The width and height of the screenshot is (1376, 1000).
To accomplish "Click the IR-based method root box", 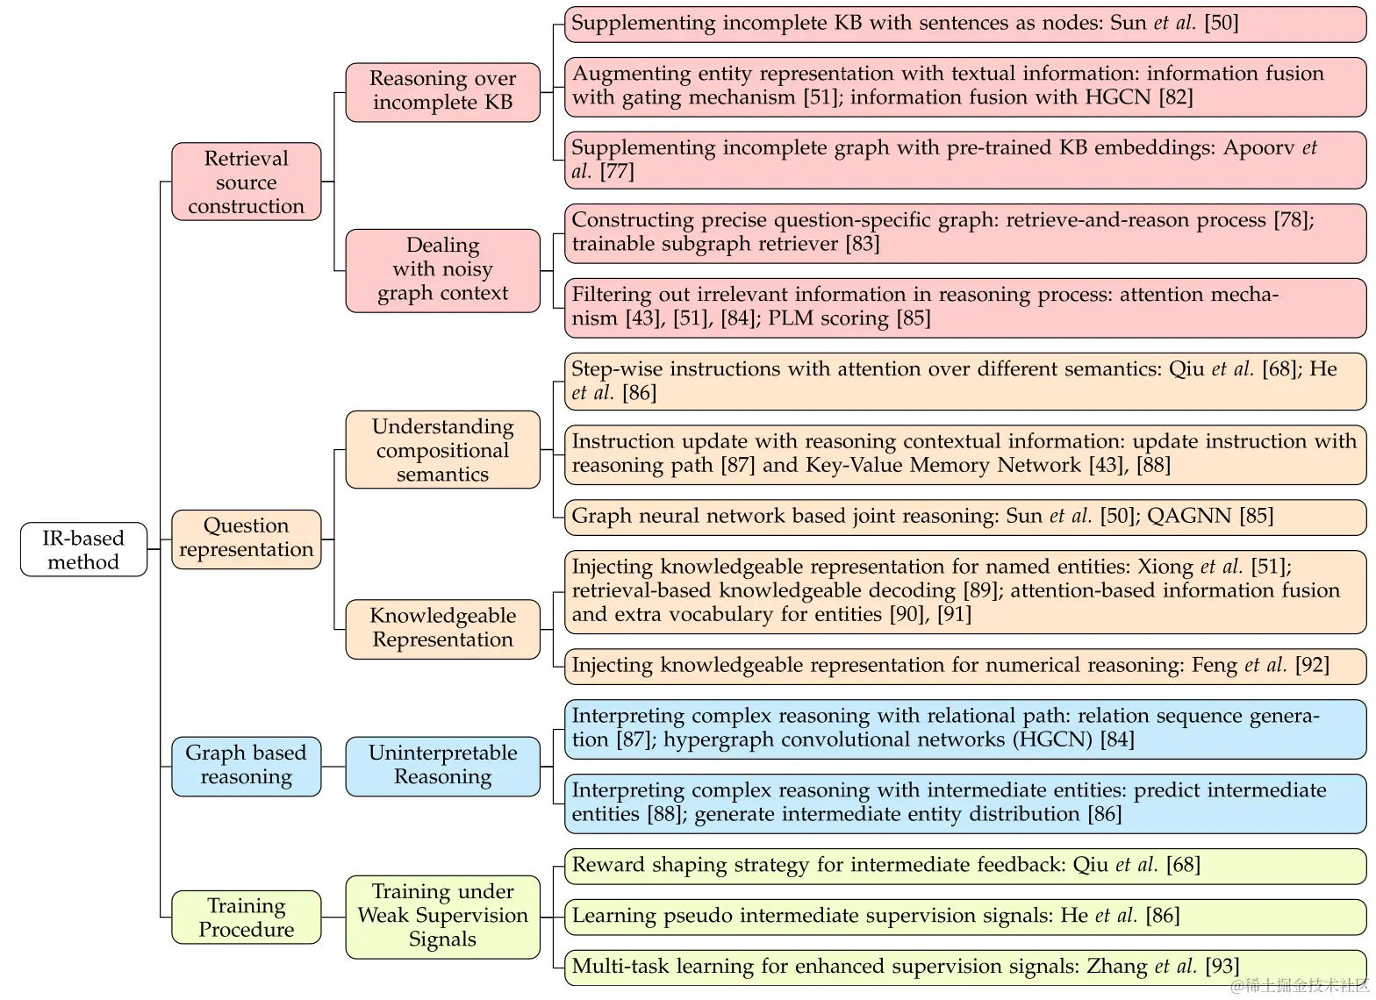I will click(83, 550).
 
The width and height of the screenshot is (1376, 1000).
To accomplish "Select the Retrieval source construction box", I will click(246, 182).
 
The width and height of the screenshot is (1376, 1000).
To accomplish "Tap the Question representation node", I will click(246, 538).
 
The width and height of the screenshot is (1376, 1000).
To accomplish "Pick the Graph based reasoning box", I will click(246, 765).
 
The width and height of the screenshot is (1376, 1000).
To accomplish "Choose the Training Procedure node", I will click(246, 918).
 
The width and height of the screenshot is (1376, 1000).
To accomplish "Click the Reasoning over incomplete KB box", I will click(442, 90).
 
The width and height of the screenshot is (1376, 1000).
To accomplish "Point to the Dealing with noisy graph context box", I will click(442, 269).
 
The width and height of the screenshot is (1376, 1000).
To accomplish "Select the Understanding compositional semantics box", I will click(442, 450).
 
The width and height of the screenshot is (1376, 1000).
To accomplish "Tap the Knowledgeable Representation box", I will click(442, 628).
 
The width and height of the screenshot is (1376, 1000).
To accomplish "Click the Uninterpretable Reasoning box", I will click(442, 765).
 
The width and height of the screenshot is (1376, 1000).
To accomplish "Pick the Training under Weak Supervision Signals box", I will click(442, 916).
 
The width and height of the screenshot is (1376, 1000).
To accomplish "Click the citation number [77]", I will click(617, 172).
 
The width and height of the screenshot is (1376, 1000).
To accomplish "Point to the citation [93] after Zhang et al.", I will click(1222, 967).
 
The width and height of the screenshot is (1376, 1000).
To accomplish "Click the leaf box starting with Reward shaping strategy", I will click(965, 866).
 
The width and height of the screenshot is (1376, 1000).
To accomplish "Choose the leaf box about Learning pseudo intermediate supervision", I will click(965, 917).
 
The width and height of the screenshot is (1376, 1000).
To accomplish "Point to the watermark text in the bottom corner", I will click(1300, 986).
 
